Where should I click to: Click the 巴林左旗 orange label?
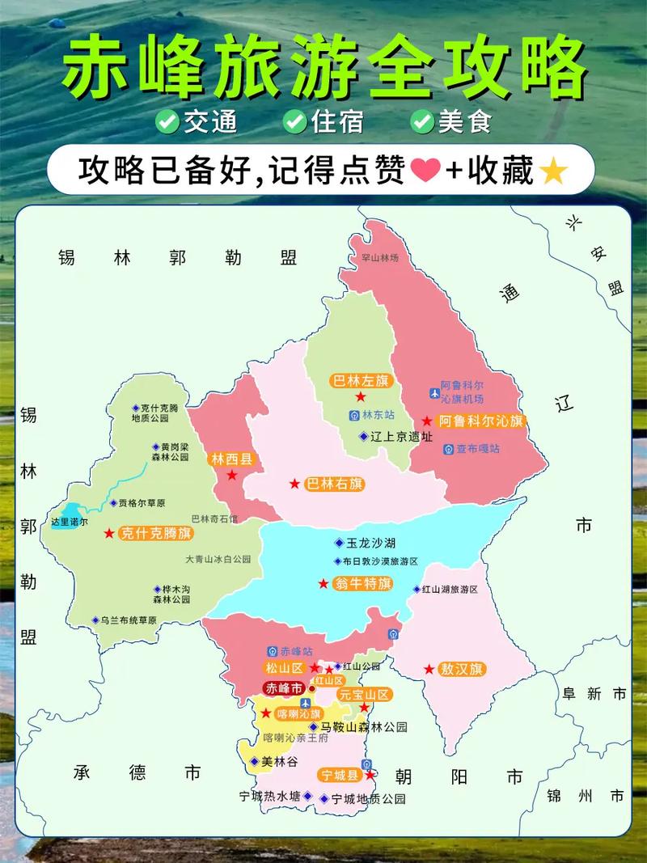(361, 380)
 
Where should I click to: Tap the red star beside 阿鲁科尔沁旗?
(426, 421)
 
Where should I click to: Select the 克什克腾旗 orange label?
(155, 533)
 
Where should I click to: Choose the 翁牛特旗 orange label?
(363, 583)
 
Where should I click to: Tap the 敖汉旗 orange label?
(462, 669)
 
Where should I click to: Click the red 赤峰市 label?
(284, 688)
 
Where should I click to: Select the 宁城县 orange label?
(340, 775)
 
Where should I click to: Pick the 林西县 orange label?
(232, 459)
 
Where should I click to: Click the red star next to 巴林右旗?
(295, 484)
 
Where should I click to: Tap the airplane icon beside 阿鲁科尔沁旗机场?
(434, 393)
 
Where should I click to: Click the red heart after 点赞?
(425, 171)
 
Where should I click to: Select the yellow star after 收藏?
(553, 171)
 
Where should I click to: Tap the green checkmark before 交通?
(167, 121)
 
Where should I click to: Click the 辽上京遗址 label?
(400, 436)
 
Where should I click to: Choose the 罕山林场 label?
(380, 258)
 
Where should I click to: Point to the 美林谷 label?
(279, 762)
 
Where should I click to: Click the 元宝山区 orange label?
(365, 694)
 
